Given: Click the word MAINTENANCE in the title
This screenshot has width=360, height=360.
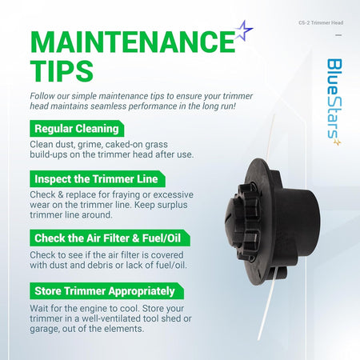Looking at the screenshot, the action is coord(133,42).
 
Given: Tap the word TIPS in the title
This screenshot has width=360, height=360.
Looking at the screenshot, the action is coord(62,70).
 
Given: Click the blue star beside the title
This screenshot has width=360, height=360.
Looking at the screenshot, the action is coord(244,31).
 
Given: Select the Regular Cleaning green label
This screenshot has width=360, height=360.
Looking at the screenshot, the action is coord(77,129).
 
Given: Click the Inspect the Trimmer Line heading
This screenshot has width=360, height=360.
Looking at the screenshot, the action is coord(98,179).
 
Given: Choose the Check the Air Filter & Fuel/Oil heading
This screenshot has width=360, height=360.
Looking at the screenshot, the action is coord(110,238).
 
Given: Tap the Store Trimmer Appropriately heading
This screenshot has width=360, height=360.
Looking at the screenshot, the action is coord(106,291).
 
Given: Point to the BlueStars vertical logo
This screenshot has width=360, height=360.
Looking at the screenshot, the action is coord(334,102).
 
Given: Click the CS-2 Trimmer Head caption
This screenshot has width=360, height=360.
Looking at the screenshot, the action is coord(321,23).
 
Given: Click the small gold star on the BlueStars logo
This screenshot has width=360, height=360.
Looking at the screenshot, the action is coord(338,142).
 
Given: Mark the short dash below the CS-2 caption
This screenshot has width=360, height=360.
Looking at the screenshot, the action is coord(338,35).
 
